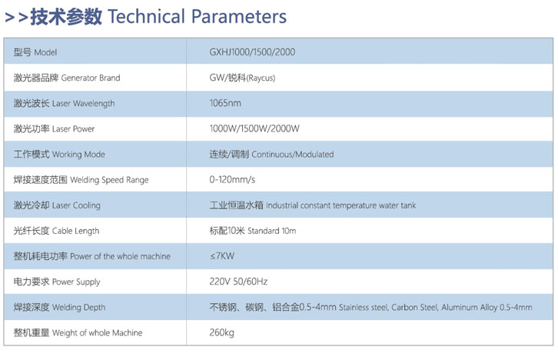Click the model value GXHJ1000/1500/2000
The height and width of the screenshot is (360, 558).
point(252,52)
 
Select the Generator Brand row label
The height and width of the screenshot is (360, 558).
point(67,78)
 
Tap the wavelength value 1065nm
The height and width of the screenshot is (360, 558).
point(225,103)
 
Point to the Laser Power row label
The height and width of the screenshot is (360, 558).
point(54,128)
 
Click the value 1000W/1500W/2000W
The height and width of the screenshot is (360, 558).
point(254,128)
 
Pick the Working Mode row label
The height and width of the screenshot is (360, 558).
point(59,154)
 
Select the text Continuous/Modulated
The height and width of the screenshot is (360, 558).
point(293,155)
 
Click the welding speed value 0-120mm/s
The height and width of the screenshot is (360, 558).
point(232,179)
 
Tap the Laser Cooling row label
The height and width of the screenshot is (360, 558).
point(57,205)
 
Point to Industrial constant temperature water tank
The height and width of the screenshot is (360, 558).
point(341,205)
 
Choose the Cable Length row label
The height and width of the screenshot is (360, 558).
point(56,231)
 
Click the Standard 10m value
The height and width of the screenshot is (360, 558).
point(271,231)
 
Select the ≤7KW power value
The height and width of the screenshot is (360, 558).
point(221,256)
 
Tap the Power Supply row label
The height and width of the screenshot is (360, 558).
point(57,282)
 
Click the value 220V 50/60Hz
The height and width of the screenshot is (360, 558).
point(238,282)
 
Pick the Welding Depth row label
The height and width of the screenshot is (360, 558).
point(59,307)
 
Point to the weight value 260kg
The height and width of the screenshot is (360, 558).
point(221,332)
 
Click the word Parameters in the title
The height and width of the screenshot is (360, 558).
point(239,17)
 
